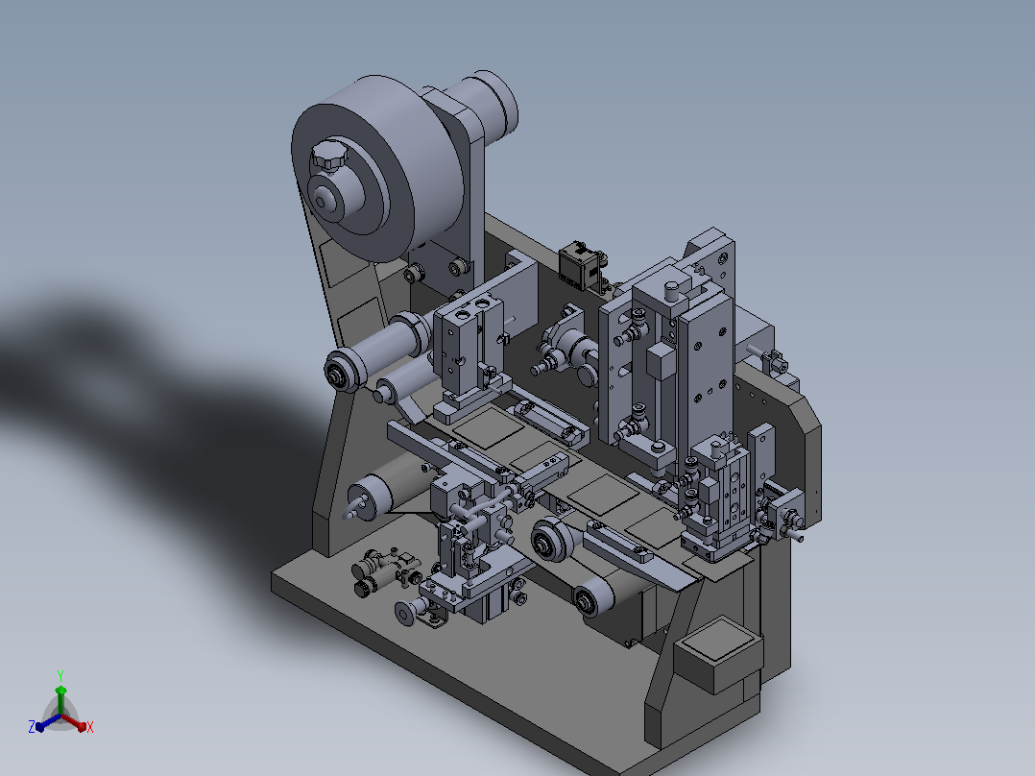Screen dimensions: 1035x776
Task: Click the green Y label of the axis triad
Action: [x=60, y=675]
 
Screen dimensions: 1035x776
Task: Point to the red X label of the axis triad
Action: [x=90, y=727]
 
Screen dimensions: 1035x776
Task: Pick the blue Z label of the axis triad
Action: [x=32, y=727]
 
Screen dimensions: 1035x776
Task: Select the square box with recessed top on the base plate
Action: [x=718, y=653]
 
